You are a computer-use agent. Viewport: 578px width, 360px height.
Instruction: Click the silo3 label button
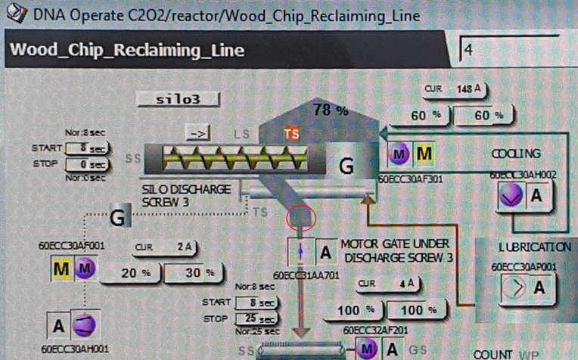click(179, 99)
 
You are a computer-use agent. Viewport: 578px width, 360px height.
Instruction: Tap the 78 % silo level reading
click(331, 110)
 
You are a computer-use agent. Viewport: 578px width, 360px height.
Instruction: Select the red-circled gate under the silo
click(302, 219)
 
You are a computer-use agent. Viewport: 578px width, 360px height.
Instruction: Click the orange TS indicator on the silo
click(291, 134)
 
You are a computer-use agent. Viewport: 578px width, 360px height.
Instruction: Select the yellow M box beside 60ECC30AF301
click(424, 154)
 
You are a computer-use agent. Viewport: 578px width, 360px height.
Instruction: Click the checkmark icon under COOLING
click(511, 196)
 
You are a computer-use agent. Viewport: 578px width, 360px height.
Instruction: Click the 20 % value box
click(129, 272)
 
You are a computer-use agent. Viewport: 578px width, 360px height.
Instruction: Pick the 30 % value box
click(193, 272)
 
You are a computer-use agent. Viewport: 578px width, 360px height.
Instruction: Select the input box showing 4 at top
click(510, 51)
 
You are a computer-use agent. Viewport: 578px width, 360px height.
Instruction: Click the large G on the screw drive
click(346, 165)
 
